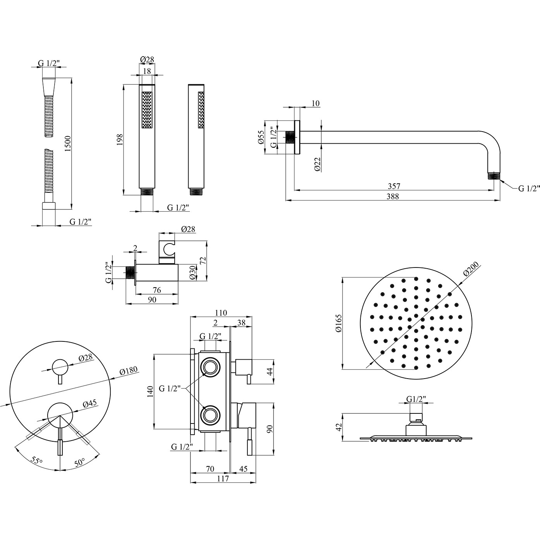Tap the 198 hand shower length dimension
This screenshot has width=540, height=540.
coord(119,139)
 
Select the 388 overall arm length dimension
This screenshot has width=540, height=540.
coord(392,196)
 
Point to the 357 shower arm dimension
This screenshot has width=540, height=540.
coord(394,186)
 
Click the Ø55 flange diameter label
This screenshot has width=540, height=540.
coord(261,137)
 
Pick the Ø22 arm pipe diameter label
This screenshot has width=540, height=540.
coord(317,165)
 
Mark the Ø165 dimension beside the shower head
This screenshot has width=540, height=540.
coord(339,323)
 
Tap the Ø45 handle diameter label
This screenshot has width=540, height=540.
coord(90,404)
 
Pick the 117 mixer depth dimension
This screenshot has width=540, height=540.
coord(223,479)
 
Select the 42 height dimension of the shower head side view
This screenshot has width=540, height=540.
coord(339,427)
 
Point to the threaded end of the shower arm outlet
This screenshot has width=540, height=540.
coord(492,176)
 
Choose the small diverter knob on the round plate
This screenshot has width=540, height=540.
coord(60,366)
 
